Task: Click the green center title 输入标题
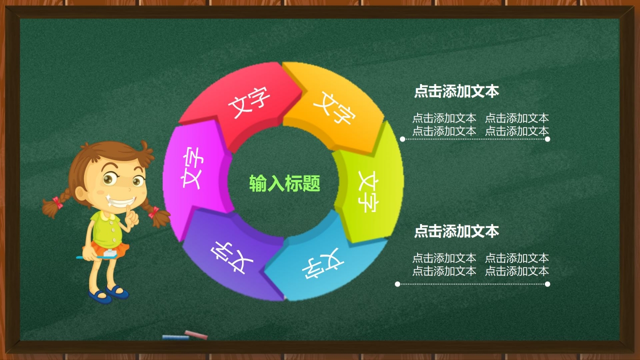(x=284, y=183)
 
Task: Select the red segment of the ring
(x=245, y=102)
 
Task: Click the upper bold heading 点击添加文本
(x=456, y=91)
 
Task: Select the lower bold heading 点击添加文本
(x=456, y=231)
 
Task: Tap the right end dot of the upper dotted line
(x=547, y=139)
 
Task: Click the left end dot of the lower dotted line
(x=397, y=284)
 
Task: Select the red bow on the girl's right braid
(x=153, y=212)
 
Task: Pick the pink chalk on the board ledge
(x=196, y=334)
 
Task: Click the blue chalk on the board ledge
(x=175, y=337)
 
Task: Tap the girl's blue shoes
(x=109, y=293)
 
